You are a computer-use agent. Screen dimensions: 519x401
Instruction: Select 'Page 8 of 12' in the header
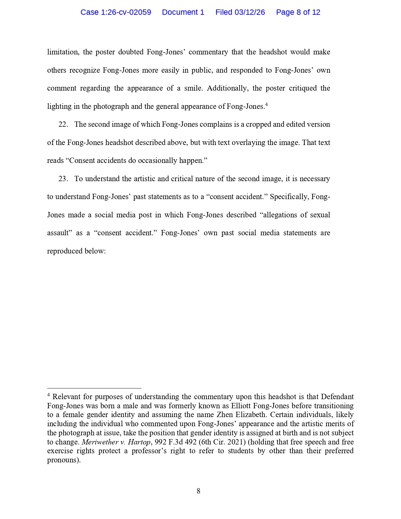click(298, 12)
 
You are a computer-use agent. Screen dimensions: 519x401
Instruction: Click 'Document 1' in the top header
click(183, 12)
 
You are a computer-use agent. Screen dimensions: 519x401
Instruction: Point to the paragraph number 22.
click(63, 125)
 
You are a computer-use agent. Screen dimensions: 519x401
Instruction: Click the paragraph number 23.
click(63, 179)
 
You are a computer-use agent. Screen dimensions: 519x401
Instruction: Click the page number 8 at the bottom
click(198, 491)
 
